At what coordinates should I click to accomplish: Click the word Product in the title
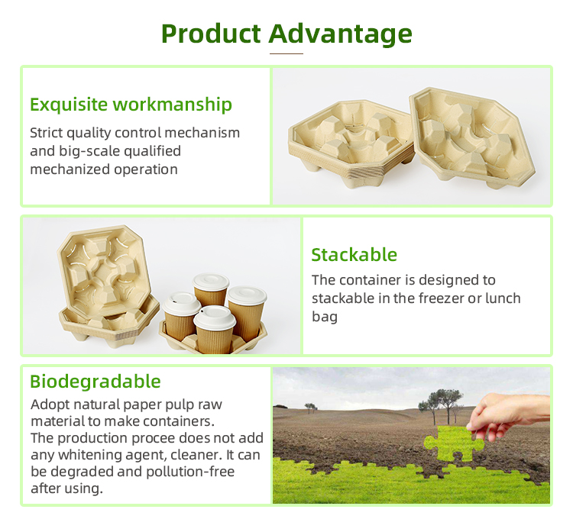click(x=211, y=34)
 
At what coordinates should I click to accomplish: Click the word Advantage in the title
click(x=341, y=34)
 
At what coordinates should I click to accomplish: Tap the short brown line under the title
click(x=286, y=53)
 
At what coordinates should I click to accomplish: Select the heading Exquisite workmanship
click(x=131, y=105)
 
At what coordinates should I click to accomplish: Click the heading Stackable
click(x=354, y=254)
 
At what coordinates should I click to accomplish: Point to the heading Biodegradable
click(x=95, y=382)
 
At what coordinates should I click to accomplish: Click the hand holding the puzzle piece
click(x=508, y=417)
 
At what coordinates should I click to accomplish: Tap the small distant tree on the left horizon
click(x=311, y=408)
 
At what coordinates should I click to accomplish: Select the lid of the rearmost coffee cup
click(x=211, y=282)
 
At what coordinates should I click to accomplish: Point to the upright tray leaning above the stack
click(x=104, y=271)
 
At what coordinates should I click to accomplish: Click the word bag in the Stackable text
click(x=325, y=318)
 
